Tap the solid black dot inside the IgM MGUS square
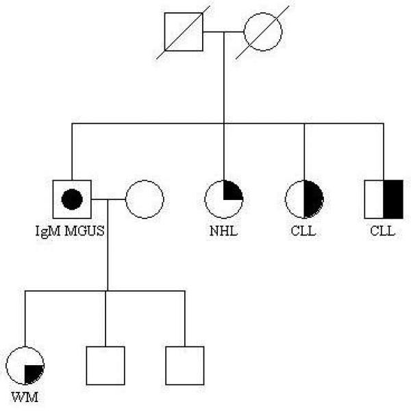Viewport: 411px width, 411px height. click(x=72, y=199)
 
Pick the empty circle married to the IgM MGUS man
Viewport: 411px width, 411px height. click(x=144, y=199)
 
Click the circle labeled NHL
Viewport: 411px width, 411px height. click(x=224, y=199)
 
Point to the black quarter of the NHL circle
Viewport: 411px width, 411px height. click(x=233, y=190)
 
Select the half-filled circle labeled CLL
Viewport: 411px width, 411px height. click(x=304, y=199)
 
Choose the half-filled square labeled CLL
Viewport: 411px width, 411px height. click(x=384, y=199)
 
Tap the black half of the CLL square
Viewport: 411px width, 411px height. click(x=393, y=199)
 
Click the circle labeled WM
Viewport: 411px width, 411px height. click(x=25, y=366)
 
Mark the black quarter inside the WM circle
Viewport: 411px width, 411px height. click(x=34, y=374)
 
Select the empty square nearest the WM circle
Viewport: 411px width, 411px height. click(x=105, y=366)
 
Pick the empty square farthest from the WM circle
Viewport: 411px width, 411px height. click(x=185, y=366)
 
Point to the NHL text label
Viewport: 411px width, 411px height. click(x=224, y=231)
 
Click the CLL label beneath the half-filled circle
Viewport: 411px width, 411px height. click(x=303, y=231)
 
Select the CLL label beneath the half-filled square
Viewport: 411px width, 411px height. click(x=383, y=231)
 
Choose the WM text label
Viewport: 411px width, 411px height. click(x=25, y=397)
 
